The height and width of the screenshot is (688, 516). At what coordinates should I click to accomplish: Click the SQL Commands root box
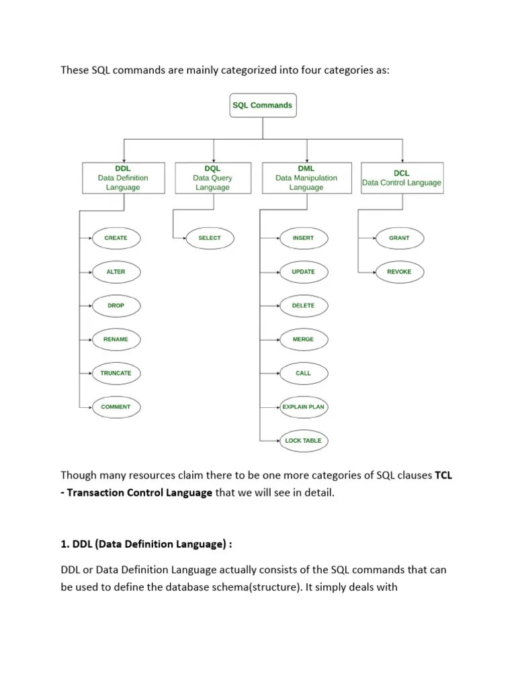click(x=262, y=105)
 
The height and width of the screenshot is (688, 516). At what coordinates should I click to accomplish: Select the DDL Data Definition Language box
click(x=122, y=178)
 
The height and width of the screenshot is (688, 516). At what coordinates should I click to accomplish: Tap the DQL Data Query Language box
click(x=212, y=178)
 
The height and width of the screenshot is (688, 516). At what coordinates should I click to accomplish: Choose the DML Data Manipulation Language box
click(x=306, y=178)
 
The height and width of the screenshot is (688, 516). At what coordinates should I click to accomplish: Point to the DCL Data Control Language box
click(x=402, y=178)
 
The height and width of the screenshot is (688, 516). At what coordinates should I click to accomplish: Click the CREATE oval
click(x=116, y=238)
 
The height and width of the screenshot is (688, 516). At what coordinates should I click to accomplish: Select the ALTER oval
click(x=116, y=272)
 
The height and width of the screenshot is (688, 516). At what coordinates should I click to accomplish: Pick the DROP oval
click(x=116, y=306)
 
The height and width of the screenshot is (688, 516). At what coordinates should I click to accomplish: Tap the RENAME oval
click(x=116, y=339)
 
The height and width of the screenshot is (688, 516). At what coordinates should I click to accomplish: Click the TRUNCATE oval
click(x=116, y=373)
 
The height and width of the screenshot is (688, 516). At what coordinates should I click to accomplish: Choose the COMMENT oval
click(x=116, y=407)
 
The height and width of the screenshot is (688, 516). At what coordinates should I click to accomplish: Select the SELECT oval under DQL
click(x=209, y=238)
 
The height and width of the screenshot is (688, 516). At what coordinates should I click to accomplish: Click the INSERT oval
click(x=303, y=238)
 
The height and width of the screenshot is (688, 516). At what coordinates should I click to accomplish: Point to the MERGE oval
click(x=303, y=339)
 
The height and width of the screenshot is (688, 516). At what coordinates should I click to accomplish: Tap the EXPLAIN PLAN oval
click(x=303, y=407)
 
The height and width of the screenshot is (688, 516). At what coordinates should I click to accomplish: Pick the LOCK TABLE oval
click(x=303, y=441)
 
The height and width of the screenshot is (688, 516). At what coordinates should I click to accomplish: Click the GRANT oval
click(x=398, y=238)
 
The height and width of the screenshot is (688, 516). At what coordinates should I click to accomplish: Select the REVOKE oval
click(x=398, y=272)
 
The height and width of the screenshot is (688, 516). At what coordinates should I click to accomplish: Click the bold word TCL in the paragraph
click(x=443, y=476)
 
